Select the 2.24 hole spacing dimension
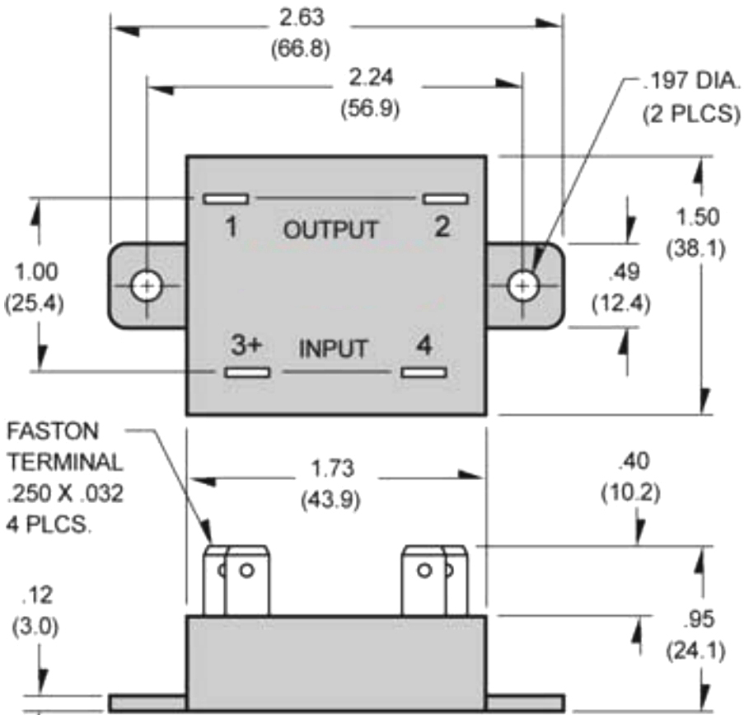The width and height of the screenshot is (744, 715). (x=371, y=78)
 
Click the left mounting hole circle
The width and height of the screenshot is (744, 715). (x=147, y=285)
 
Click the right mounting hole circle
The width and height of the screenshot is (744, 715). (x=521, y=285)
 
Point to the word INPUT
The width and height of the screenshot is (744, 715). (x=333, y=349)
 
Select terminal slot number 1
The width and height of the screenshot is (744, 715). (x=226, y=199)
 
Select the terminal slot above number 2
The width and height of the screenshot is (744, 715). (x=445, y=199)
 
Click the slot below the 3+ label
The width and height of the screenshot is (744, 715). (x=247, y=373)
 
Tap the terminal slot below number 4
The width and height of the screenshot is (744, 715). (x=424, y=373)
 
